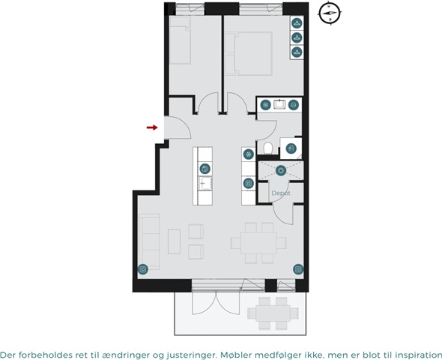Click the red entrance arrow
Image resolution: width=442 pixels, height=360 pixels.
[152, 127]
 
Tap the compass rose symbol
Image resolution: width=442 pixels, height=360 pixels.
[330, 13]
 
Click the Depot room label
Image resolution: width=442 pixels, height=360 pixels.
[281, 193]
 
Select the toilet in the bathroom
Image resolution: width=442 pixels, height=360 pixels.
[267, 148]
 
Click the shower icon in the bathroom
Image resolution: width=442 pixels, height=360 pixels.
[291, 148]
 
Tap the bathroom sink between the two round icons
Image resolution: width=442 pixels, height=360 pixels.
[279, 105]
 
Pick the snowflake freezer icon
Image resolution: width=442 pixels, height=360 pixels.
[248, 154]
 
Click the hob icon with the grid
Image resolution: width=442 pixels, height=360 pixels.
[248, 184]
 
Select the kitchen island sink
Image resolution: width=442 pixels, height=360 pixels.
[205, 184]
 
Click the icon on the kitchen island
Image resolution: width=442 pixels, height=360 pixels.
[205, 169]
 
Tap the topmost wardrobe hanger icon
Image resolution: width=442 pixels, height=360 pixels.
[297, 22]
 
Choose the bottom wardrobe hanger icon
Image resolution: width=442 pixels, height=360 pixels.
[297, 52]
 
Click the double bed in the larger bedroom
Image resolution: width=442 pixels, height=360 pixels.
[249, 53]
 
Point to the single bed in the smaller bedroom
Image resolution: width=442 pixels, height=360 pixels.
[180, 40]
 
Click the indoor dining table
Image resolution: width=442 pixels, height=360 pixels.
[258, 243]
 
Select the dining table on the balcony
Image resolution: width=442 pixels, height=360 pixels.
[273, 313]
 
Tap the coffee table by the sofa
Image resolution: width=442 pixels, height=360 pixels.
[174, 241]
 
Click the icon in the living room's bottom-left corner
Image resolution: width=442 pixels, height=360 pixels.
[142, 269]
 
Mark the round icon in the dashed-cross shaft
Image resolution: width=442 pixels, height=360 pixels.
[281, 170]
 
